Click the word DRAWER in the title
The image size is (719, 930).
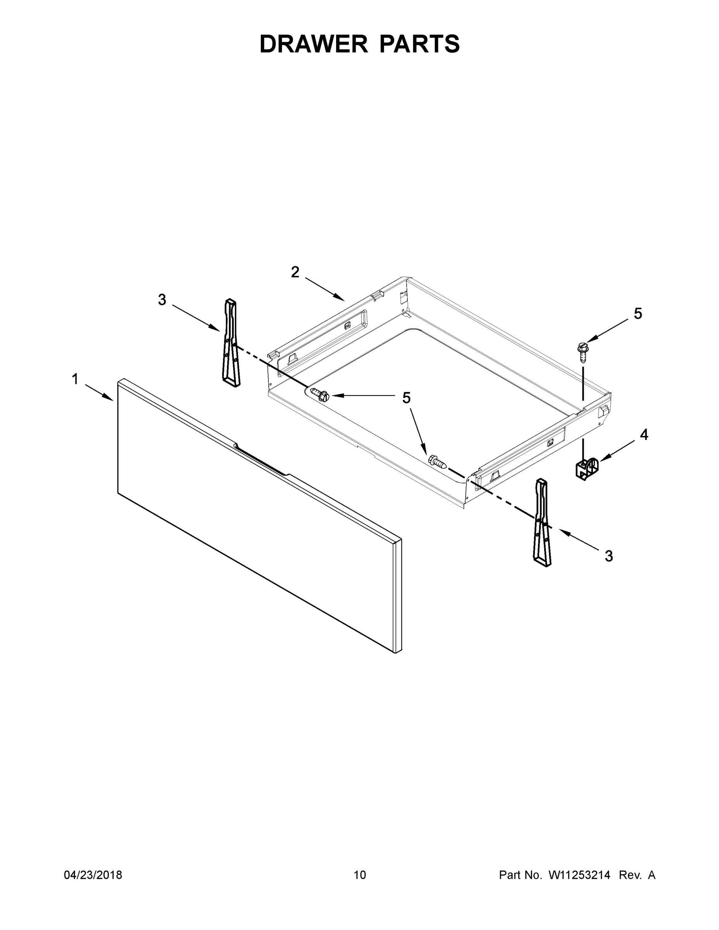tap(313, 44)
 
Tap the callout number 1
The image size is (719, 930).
tap(75, 379)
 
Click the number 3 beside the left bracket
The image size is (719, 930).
tap(162, 300)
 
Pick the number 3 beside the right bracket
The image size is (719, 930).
tap(609, 556)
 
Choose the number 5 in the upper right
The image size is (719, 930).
tap(638, 314)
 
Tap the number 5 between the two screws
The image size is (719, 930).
tap(406, 398)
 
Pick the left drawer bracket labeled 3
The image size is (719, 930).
tap(231, 343)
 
